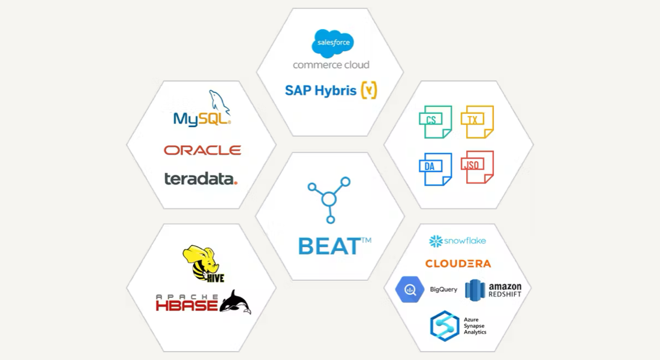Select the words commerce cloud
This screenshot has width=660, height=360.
pyautogui.click(x=331, y=65)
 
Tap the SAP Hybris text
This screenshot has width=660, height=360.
pyautogui.click(x=321, y=91)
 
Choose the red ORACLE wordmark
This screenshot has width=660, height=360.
pyautogui.click(x=202, y=150)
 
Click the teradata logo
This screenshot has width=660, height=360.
pyautogui.click(x=200, y=178)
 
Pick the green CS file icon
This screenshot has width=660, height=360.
pyautogui.click(x=435, y=122)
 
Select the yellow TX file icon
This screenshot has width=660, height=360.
pyautogui.click(x=477, y=122)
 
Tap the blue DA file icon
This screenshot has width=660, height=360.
pyautogui.click(x=434, y=169)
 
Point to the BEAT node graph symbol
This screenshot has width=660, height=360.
pyautogui.click(x=329, y=198)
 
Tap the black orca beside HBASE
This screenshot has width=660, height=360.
pyautogui.click(x=236, y=302)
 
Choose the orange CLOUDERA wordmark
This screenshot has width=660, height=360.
pyautogui.click(x=458, y=263)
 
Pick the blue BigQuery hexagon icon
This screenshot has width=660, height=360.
pyautogui.click(x=410, y=290)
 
